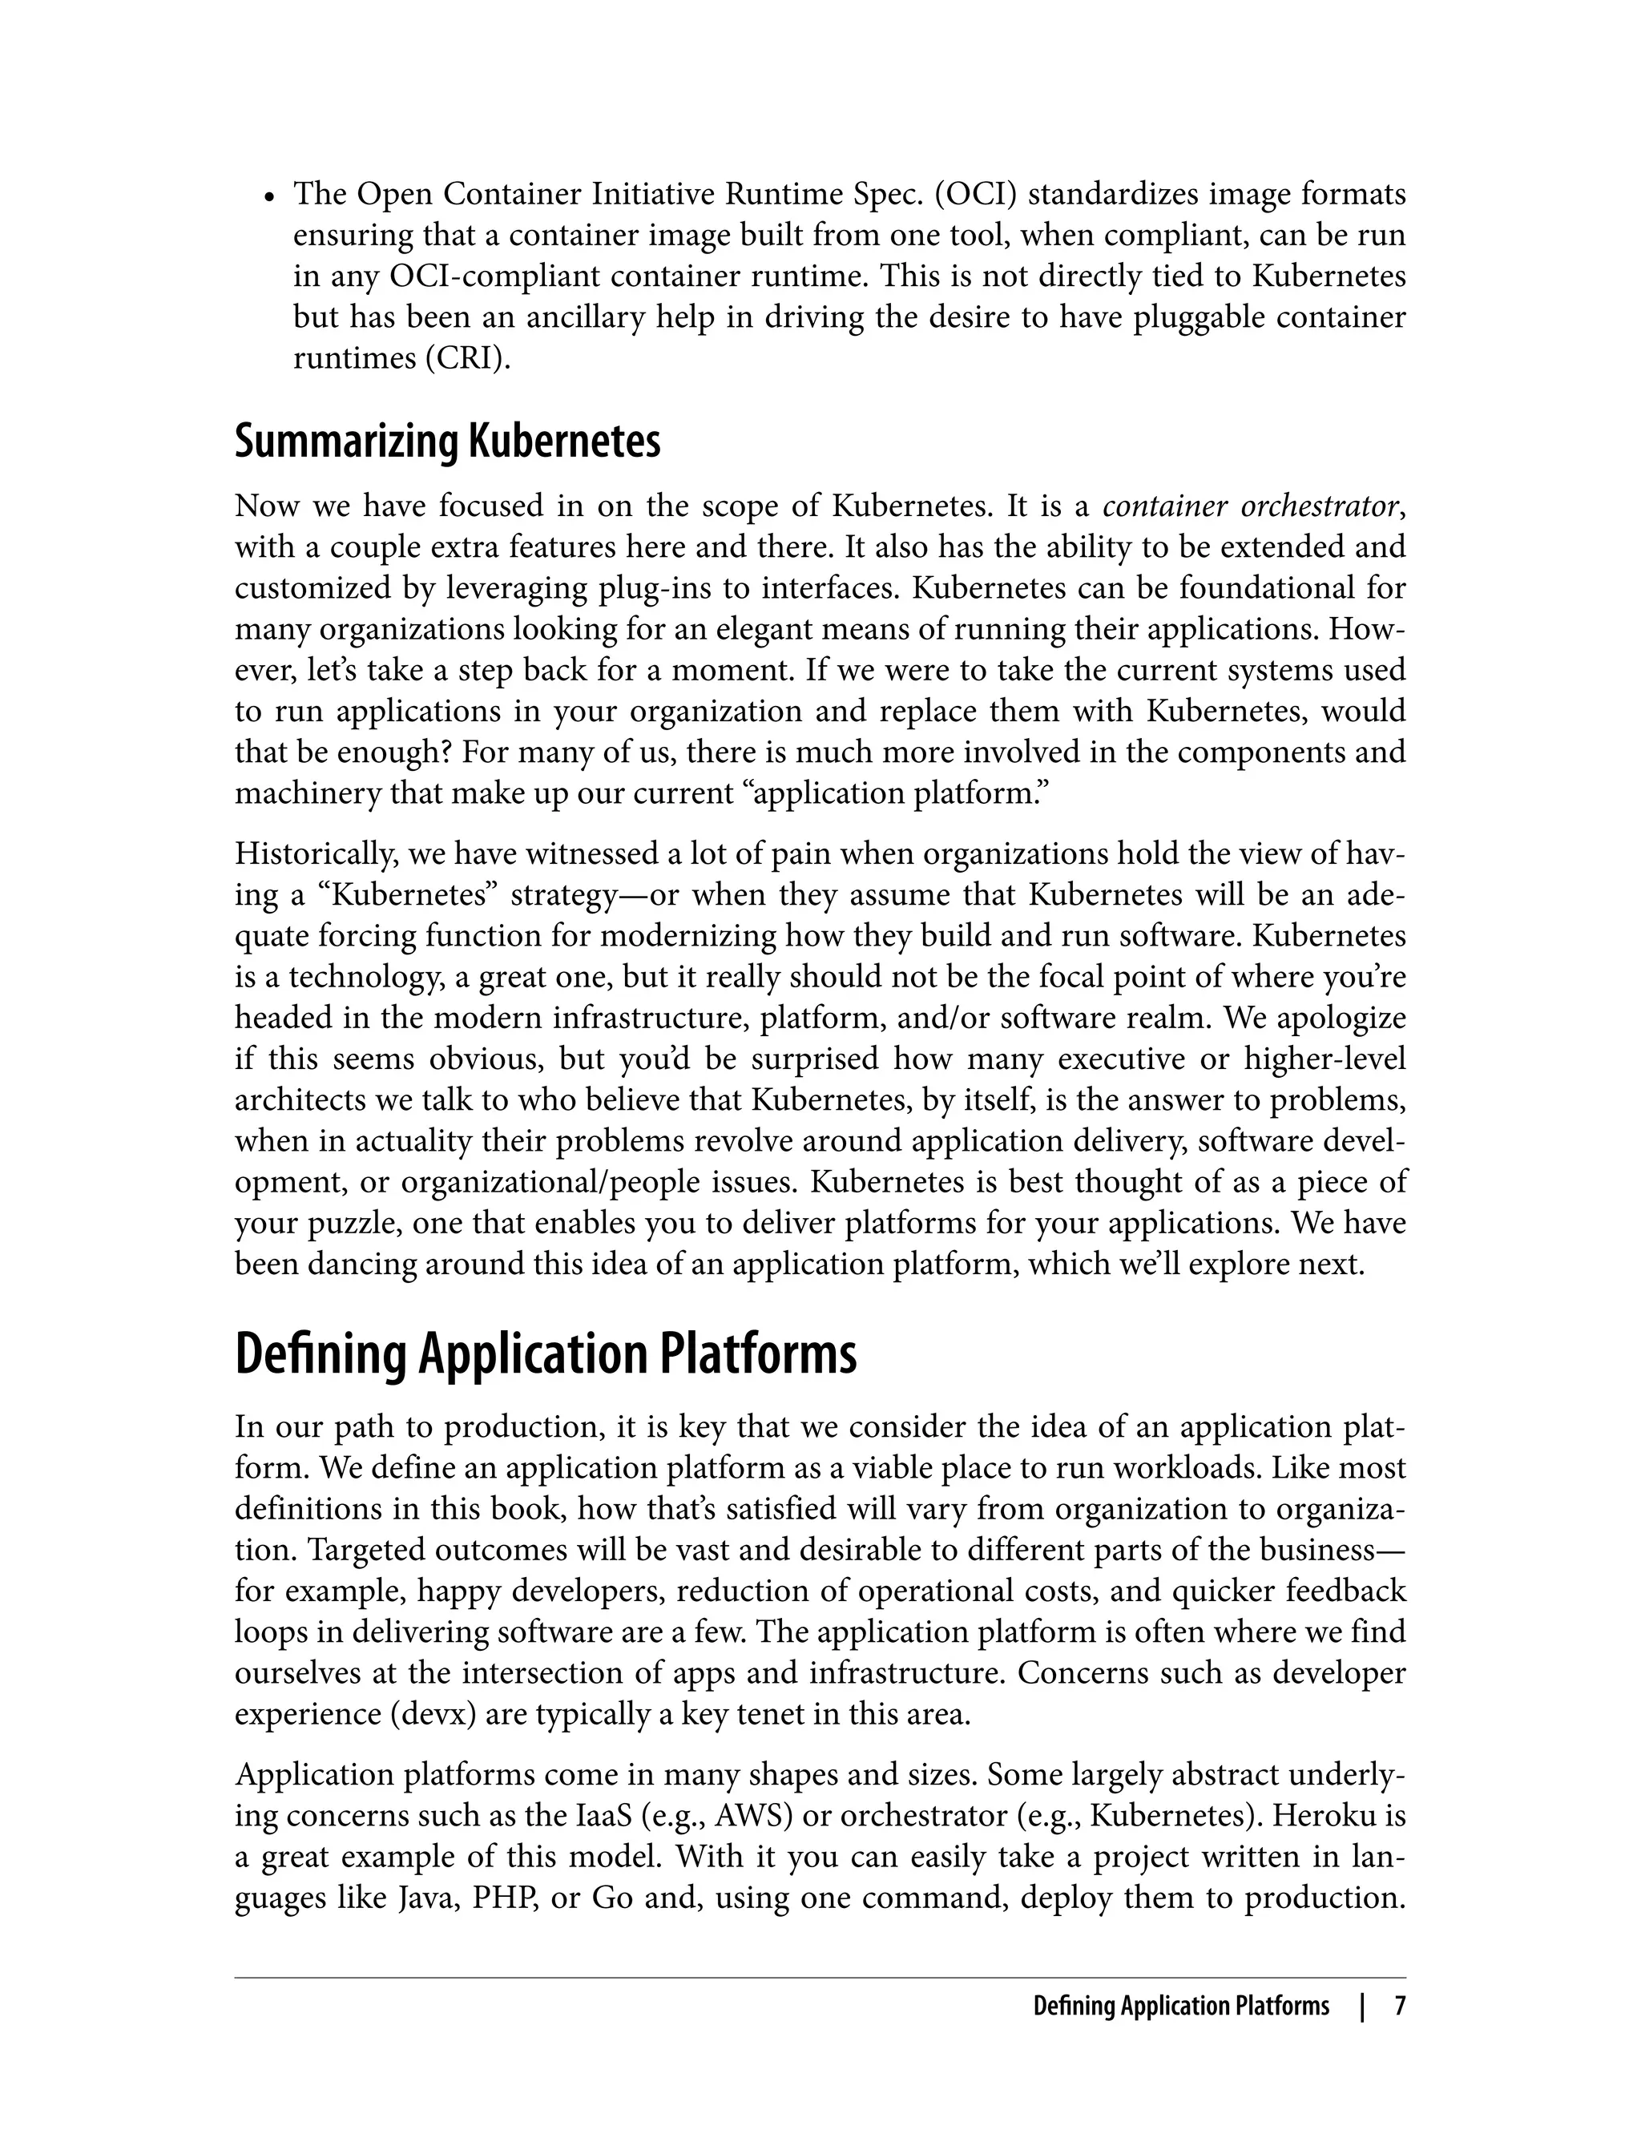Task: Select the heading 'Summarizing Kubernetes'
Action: [x=447, y=442]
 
